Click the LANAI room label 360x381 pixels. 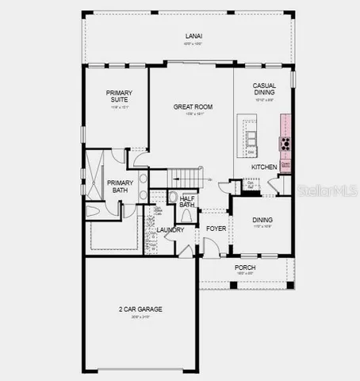pos(193,37)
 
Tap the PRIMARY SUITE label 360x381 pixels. pos(119,97)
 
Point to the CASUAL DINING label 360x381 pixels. pos(264,90)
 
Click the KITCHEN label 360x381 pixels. pos(264,167)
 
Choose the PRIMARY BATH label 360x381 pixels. pos(121,186)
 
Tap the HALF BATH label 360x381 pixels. pos(187,202)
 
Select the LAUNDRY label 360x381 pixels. pos(170,230)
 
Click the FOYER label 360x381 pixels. pos(216,229)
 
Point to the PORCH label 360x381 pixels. pos(245,267)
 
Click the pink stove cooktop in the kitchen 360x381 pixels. pos(284,144)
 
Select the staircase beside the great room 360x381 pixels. pos(189,178)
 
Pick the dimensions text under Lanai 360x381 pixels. pos(193,44)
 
